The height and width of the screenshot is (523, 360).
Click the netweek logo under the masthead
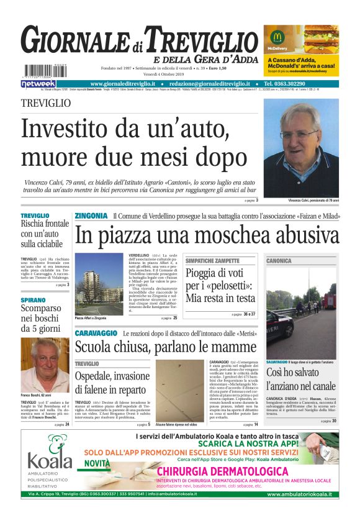coord(38,83)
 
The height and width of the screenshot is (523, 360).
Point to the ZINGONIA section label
coord(91,216)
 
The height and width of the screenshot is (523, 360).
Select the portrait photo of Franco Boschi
coord(45,365)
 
